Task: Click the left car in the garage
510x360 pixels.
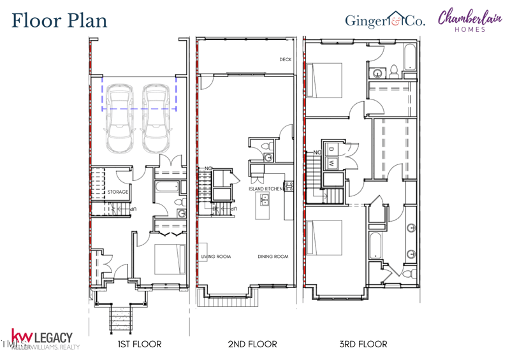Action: (x=120, y=119)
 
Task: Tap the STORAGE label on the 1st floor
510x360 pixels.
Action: (x=118, y=192)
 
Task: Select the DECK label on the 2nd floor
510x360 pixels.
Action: (x=285, y=60)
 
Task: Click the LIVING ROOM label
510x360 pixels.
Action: (x=216, y=257)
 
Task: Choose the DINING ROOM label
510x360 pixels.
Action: (x=273, y=257)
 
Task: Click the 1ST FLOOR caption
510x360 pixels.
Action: (x=139, y=344)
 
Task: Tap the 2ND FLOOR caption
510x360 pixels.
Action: (x=252, y=344)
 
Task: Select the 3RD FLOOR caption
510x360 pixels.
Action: (x=363, y=344)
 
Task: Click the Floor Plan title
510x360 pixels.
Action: (x=59, y=20)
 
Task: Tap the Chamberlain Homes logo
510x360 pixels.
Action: (x=469, y=18)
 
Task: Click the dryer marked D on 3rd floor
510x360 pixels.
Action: (x=331, y=150)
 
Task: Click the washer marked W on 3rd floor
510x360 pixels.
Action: (x=331, y=163)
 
